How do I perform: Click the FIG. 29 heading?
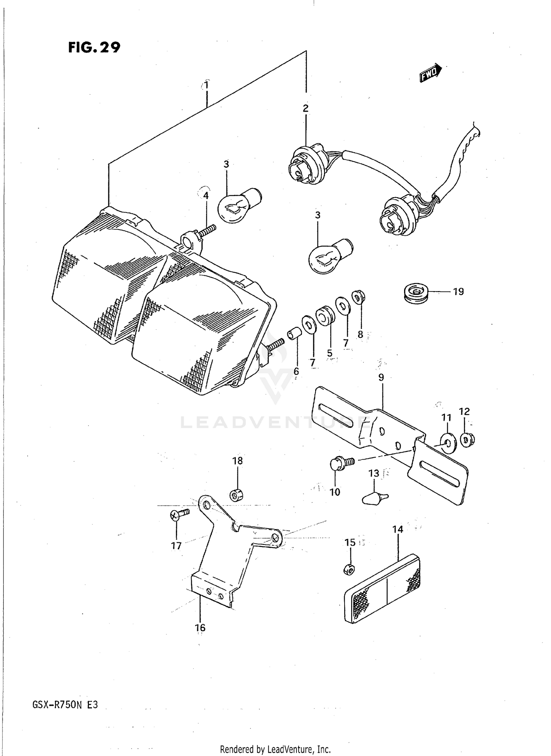click(94, 47)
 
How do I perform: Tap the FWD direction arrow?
click(431, 72)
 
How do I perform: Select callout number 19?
click(458, 292)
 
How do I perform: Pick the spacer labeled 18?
click(237, 495)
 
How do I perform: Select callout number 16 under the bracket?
click(200, 627)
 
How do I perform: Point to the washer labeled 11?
click(448, 443)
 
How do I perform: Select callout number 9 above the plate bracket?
click(381, 377)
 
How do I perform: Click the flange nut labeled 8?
click(358, 297)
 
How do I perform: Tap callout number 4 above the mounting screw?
click(206, 196)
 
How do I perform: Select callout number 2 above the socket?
click(306, 108)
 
